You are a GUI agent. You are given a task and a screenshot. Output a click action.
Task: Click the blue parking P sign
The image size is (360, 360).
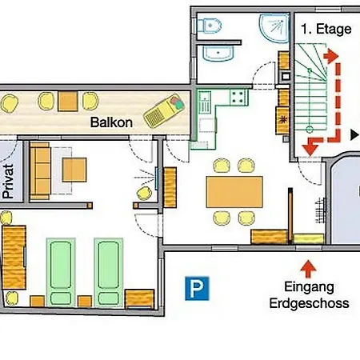(197, 288)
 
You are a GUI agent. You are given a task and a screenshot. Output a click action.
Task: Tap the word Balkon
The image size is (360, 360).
(111, 122)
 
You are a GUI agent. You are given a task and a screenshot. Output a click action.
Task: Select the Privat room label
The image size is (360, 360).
(8, 181)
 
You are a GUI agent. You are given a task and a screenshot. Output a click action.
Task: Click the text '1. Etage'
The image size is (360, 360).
(326, 29)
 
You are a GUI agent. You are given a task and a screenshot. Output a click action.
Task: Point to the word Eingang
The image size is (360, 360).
(309, 287)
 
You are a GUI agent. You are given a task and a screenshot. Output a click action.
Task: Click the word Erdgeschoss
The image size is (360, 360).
(309, 303)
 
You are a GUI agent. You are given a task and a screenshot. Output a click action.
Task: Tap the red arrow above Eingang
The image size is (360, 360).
(308, 269)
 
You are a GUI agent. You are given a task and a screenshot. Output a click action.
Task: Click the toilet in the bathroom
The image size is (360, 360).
(209, 26)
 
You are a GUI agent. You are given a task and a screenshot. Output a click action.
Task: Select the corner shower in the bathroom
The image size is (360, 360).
(274, 28)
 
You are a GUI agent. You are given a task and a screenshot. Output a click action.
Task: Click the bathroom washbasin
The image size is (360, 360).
(218, 54)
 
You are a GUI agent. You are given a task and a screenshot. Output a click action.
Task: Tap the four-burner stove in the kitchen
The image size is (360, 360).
(238, 97)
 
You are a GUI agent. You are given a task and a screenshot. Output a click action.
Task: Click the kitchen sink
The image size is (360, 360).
(205, 102)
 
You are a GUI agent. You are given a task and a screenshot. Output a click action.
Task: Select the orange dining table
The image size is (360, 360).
(234, 192)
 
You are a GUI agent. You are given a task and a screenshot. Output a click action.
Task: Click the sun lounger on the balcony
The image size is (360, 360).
(164, 110)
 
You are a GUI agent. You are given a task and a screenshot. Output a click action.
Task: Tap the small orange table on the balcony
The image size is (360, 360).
(68, 101)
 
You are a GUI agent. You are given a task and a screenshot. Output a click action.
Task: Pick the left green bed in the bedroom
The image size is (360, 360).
(61, 273)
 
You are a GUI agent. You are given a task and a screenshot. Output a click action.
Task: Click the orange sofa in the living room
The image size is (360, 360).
(40, 171)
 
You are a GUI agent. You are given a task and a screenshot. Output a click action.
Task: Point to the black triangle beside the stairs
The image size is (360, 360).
(354, 135)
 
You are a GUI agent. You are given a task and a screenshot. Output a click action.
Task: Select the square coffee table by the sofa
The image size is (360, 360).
(74, 170)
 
